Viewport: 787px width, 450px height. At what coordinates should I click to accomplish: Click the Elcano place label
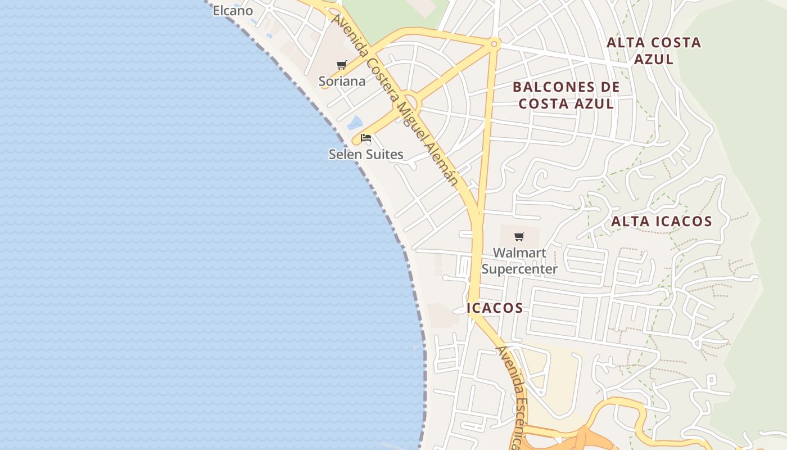(233, 11)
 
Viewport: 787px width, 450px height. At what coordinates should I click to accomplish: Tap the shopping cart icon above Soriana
(342, 65)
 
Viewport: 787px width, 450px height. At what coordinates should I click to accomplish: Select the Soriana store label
(342, 82)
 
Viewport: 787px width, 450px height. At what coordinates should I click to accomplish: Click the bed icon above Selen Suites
(366, 138)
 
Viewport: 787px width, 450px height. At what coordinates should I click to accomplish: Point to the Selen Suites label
(366, 154)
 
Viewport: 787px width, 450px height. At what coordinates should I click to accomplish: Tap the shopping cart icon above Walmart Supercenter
(519, 237)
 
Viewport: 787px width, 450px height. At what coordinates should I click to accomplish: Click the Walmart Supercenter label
(519, 261)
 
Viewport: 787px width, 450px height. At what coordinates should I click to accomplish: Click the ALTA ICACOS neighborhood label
(662, 222)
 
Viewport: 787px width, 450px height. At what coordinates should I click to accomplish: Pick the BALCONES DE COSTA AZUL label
(566, 96)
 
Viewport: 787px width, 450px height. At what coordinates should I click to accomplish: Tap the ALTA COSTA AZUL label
(654, 51)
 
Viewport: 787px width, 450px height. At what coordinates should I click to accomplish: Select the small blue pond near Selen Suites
(355, 122)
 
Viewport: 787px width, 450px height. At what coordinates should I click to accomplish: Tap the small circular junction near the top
(494, 43)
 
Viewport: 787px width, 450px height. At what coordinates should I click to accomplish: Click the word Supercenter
(519, 269)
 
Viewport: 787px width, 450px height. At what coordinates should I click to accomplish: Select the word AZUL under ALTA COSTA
(654, 59)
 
